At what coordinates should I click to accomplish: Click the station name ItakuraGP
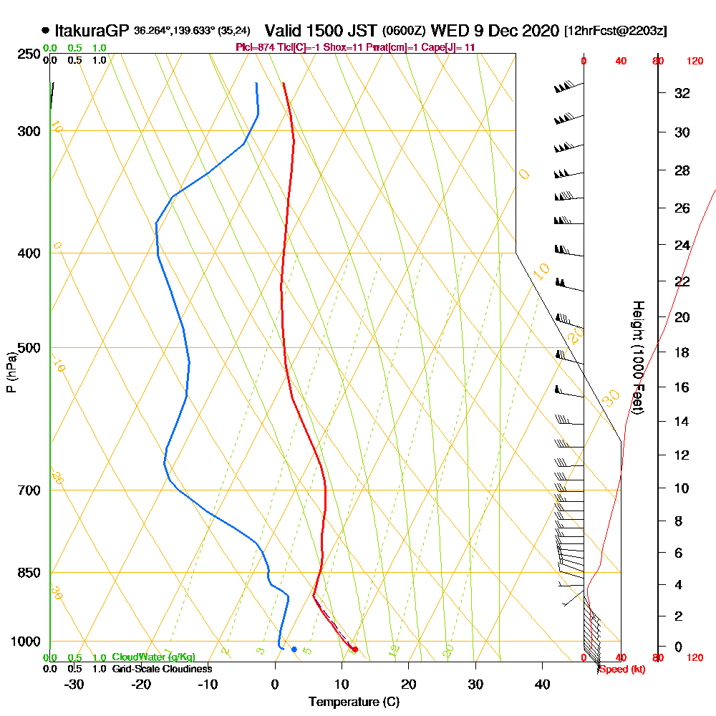pos(92,31)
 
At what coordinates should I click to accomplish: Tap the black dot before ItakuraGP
pos(46,31)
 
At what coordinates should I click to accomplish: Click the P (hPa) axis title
pos(11,372)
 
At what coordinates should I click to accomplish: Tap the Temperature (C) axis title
pos(354,702)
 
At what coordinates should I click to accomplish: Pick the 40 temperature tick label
pos(543,684)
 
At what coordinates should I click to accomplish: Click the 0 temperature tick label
pos(275,684)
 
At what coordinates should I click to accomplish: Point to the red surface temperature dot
pos(355,649)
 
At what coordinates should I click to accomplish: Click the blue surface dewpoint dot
pos(294,649)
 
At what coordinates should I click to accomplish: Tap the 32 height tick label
pos(682,93)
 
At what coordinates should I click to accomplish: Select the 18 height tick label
pos(682,352)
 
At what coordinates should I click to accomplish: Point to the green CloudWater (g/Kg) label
pos(153,657)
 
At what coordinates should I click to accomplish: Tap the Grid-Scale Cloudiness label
pos(162,669)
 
